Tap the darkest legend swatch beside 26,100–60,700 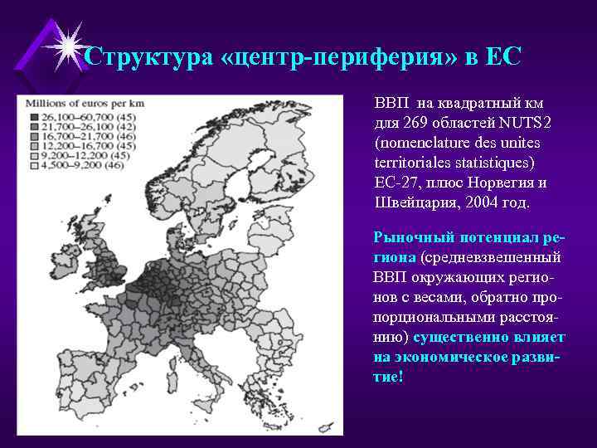(x=34, y=118)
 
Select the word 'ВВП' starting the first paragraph (x=390, y=104)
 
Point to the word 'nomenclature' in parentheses (x=419, y=143)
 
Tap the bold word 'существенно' (x=461, y=337)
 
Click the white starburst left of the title (x=67, y=45)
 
